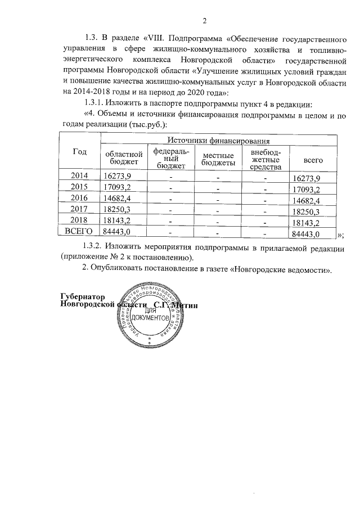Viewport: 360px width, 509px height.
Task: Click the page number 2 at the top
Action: (205, 21)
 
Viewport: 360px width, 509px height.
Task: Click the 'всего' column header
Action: (312, 160)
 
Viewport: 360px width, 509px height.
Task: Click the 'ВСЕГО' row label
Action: (79, 232)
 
